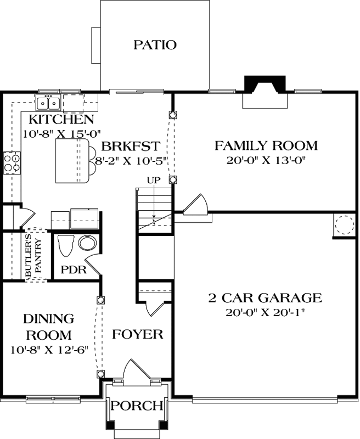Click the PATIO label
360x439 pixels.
click(x=155, y=45)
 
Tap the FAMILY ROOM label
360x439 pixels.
click(x=266, y=146)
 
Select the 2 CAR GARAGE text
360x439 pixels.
click(x=265, y=298)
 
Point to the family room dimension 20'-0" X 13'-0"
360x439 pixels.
click(x=266, y=160)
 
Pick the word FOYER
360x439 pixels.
click(x=138, y=334)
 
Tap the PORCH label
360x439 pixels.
click(x=137, y=406)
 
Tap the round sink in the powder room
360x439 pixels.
click(x=87, y=243)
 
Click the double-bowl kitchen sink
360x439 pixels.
click(x=48, y=102)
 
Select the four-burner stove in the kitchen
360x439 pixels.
click(x=12, y=162)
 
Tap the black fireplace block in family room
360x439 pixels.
click(x=265, y=82)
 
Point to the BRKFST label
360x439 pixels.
click(x=130, y=146)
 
